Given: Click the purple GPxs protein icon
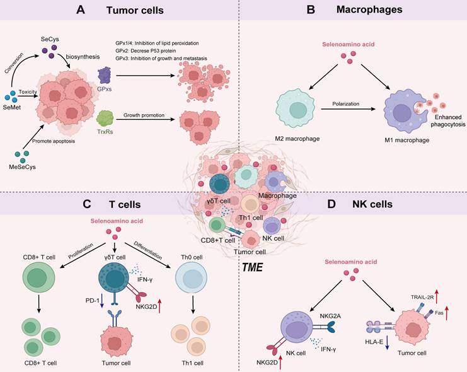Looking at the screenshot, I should tap(106, 77).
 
